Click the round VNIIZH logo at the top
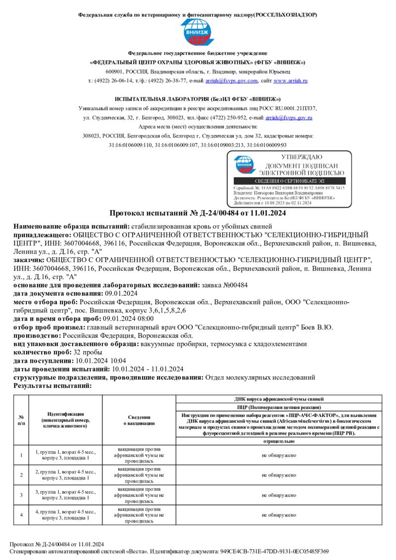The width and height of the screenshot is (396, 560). point(198,33)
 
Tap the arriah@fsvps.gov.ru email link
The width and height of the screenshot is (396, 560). point(289,118)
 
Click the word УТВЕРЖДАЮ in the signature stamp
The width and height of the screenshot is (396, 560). point(301,157)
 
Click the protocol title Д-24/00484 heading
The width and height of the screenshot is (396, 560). point(198,213)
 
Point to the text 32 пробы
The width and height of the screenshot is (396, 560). point(90,352)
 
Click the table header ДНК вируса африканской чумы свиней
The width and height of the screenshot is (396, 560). point(279,399)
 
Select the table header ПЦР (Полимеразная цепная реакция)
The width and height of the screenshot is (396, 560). point(279,407)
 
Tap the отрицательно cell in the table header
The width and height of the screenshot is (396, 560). point(279,441)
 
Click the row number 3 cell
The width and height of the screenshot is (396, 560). point(21,495)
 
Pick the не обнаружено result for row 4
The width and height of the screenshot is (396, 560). point(279,514)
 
